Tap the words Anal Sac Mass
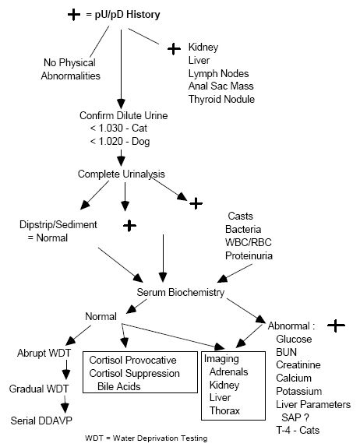[222, 86]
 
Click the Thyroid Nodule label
[221, 99]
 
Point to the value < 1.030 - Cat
[119, 128]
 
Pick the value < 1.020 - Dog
[120, 142]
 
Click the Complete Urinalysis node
[120, 174]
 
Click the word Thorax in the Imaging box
[225, 410]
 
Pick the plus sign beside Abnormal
[336, 326]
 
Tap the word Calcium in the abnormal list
[295, 378]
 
